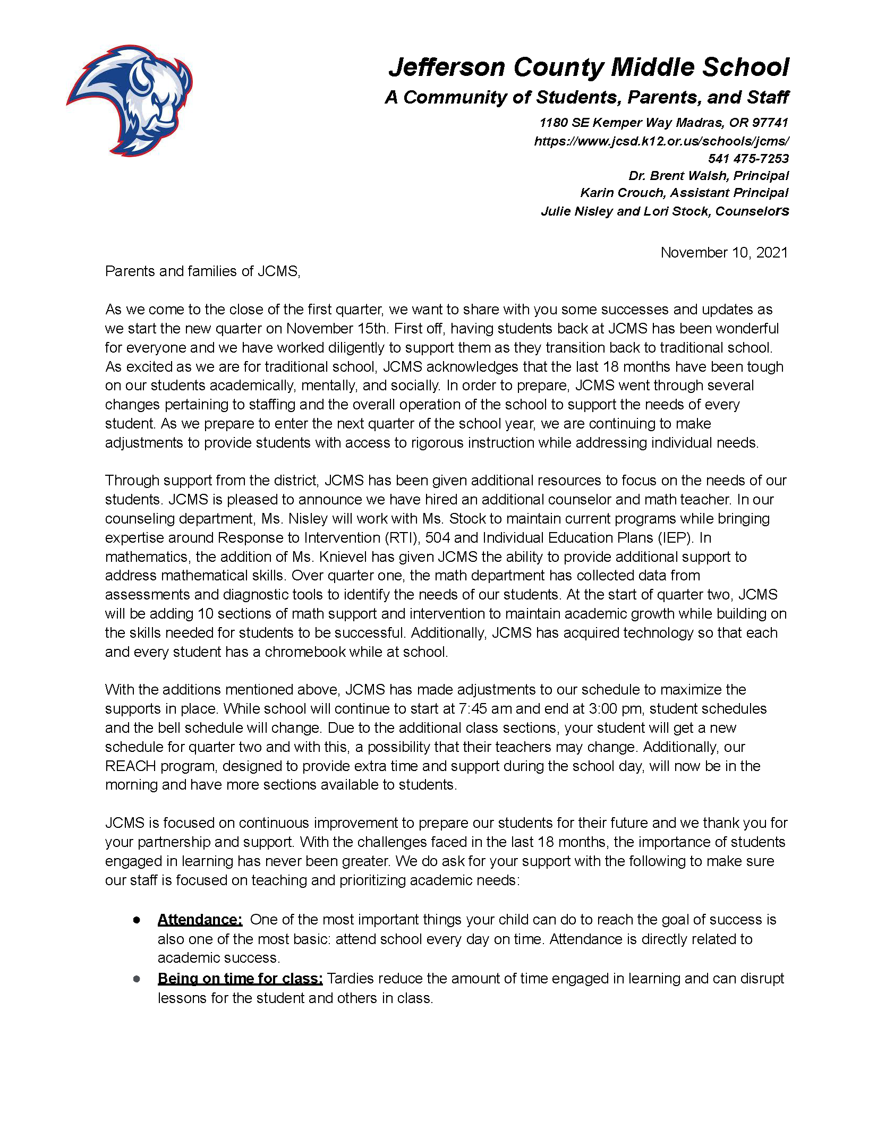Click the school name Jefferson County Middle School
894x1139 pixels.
589,67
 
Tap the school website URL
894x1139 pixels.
661,141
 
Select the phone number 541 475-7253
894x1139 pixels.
748,158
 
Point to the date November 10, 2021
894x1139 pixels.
724,252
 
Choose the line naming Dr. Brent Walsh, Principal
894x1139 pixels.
709,176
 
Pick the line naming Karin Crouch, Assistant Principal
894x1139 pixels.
684,193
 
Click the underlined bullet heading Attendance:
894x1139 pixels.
200,920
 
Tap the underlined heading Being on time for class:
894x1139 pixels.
240,978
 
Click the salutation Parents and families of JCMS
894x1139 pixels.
202,271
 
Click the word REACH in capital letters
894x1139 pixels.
130,766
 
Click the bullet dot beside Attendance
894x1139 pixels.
137,920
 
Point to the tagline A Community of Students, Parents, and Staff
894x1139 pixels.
586,97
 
